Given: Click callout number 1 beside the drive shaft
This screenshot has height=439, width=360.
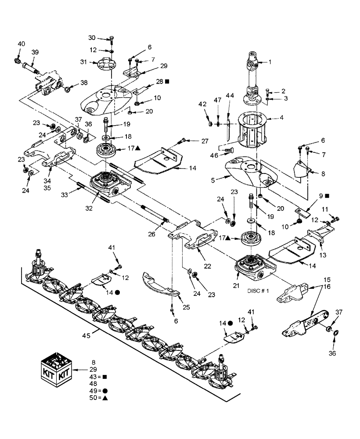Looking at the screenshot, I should [x=270, y=62].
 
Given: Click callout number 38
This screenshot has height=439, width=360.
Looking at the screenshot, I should [x=83, y=83].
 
